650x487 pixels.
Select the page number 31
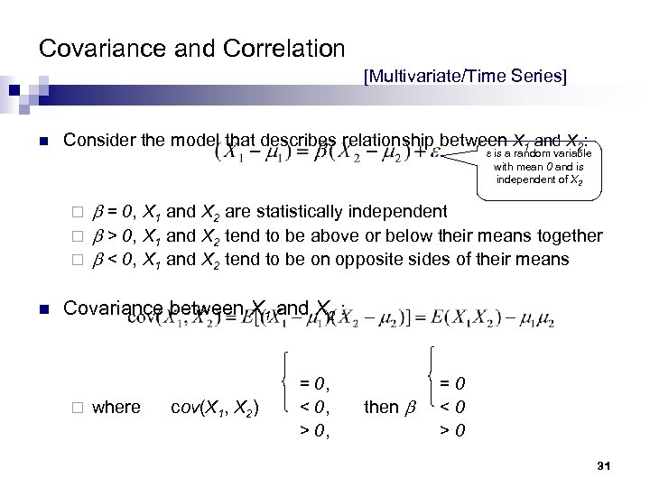(x=605, y=464)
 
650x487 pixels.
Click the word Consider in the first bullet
(x=99, y=142)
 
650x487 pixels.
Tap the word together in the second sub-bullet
(x=568, y=235)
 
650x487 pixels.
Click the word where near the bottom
(x=116, y=407)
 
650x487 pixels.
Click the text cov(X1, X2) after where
(x=216, y=407)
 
